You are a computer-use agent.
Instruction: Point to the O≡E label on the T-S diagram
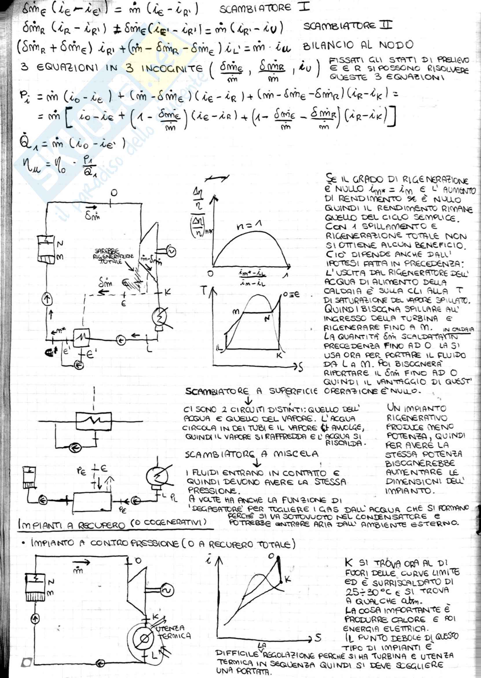pyautogui.click(x=291, y=295)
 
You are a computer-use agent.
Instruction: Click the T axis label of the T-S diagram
pyautogui.click(x=204, y=291)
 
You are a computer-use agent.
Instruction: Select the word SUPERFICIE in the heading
pyautogui.click(x=293, y=391)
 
